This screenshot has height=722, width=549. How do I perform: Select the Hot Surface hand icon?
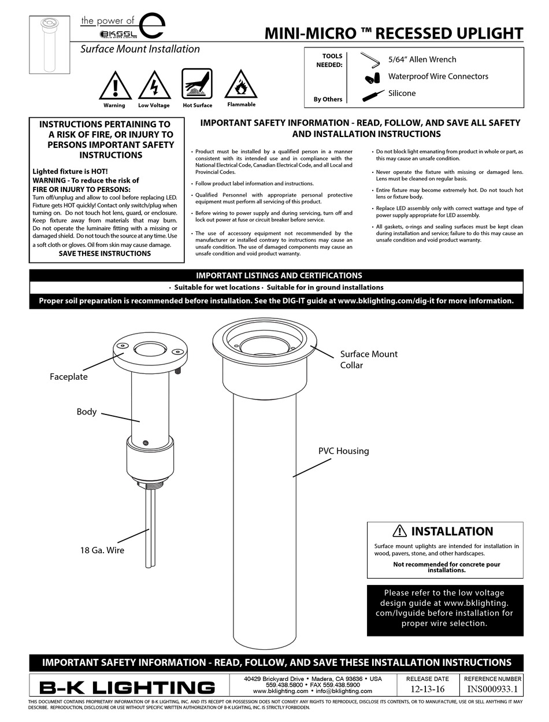point(197,84)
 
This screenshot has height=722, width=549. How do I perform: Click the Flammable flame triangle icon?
point(241,86)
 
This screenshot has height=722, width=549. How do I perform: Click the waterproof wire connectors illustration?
point(372,77)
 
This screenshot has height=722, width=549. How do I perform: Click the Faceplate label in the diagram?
point(68,376)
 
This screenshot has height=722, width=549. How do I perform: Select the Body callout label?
point(87,412)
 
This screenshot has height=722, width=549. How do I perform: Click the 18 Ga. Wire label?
point(102,550)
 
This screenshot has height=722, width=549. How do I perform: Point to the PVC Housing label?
point(343,451)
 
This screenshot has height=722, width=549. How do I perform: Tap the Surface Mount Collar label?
point(368,359)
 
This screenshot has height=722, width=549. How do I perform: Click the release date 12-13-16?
point(427,689)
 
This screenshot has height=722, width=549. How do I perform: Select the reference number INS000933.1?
point(492,689)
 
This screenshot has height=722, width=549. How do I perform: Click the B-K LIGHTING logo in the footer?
point(127,687)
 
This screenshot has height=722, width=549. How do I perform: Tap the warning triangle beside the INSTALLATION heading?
point(399,531)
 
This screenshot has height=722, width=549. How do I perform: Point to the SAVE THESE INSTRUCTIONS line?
point(105,253)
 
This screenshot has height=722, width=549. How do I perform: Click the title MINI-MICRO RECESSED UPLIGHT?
point(394,34)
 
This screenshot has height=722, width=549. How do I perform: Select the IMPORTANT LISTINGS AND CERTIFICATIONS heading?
point(279,276)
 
